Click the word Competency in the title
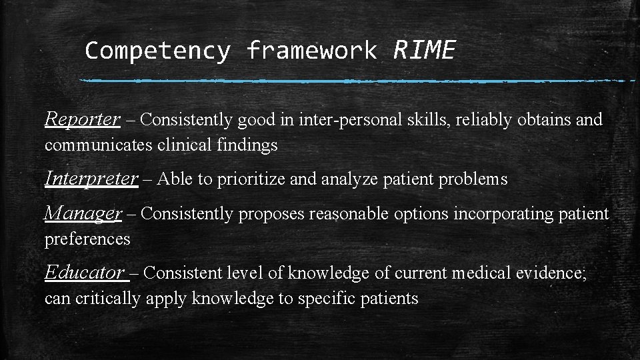pos(157,50)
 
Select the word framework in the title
pos(311,50)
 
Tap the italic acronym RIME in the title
pos(425,49)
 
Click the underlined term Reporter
pos(82,119)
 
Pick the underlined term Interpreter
pos(91,179)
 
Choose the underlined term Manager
pos(83,213)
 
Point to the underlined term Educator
pos(85,273)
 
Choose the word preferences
pos(87,239)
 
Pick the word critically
pos(107,298)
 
